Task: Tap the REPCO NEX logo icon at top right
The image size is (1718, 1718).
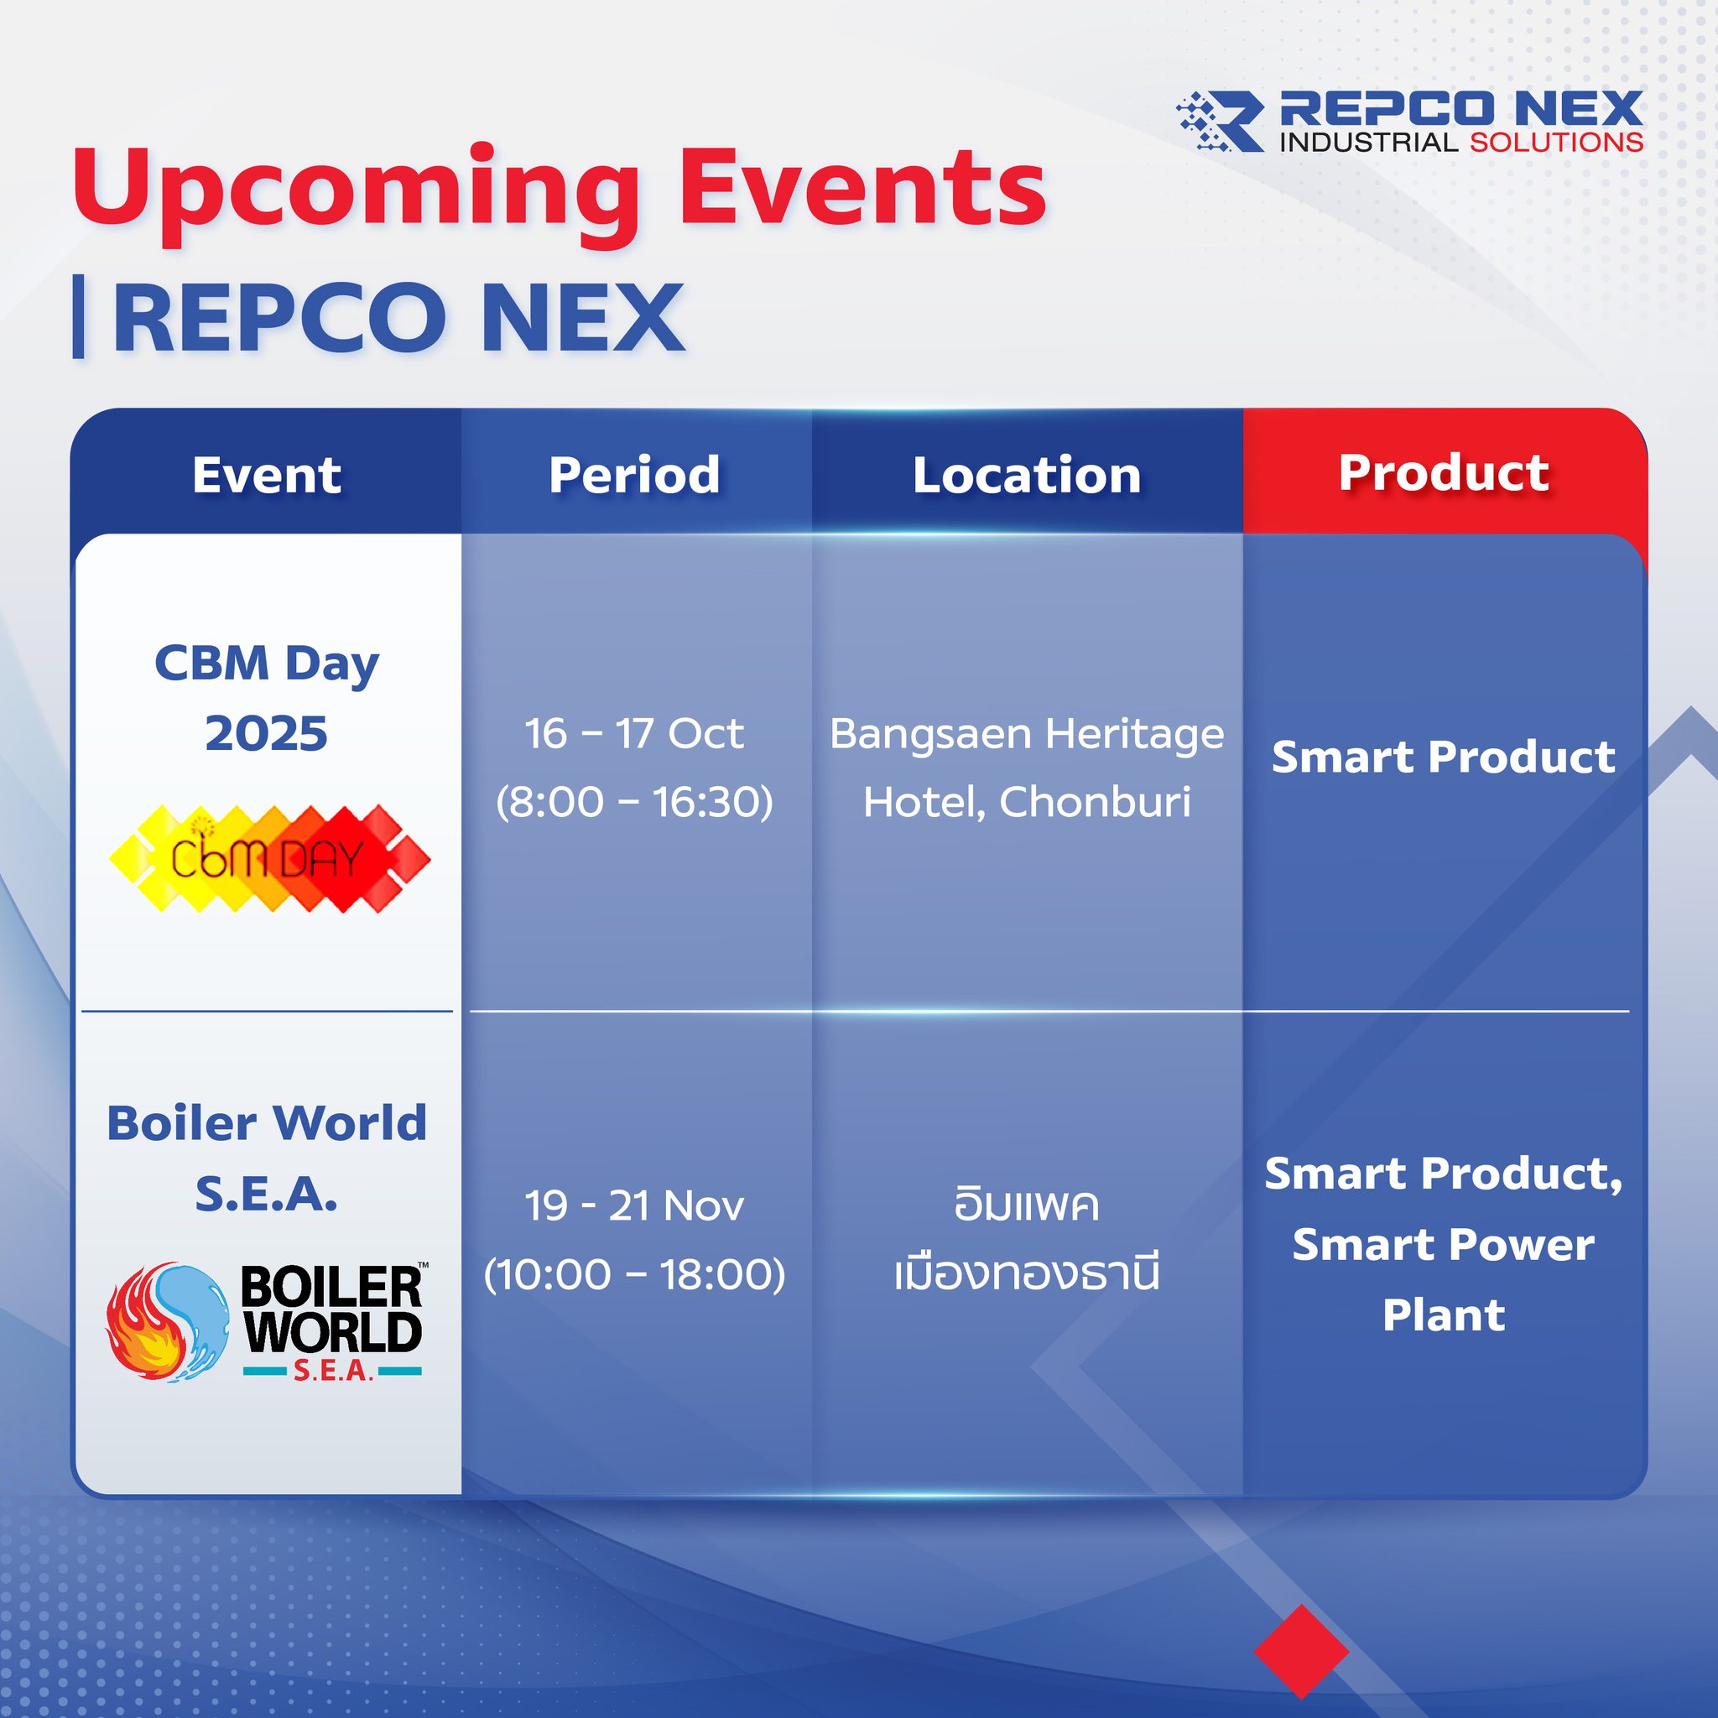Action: point(1219,120)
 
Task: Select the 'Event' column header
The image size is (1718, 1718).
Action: point(267,475)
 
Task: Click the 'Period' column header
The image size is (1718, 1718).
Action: point(635,475)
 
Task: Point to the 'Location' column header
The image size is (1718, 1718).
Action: point(1027,475)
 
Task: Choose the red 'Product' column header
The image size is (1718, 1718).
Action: point(1445,472)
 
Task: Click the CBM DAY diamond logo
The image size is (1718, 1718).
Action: point(269,859)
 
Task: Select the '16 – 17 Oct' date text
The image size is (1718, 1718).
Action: point(634,734)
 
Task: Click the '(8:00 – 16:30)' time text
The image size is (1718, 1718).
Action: point(635,802)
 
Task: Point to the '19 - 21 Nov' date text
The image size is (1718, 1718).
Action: point(634,1206)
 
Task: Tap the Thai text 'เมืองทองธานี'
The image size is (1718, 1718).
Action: point(1027,1273)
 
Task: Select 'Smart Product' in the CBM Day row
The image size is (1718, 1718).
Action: point(1443,757)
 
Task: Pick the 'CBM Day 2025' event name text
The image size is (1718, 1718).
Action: point(267,699)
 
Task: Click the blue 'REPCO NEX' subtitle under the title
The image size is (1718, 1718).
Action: point(398,318)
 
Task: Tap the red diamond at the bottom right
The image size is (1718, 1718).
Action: point(1301,1651)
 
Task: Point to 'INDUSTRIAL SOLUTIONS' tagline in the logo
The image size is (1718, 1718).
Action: point(1461,143)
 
